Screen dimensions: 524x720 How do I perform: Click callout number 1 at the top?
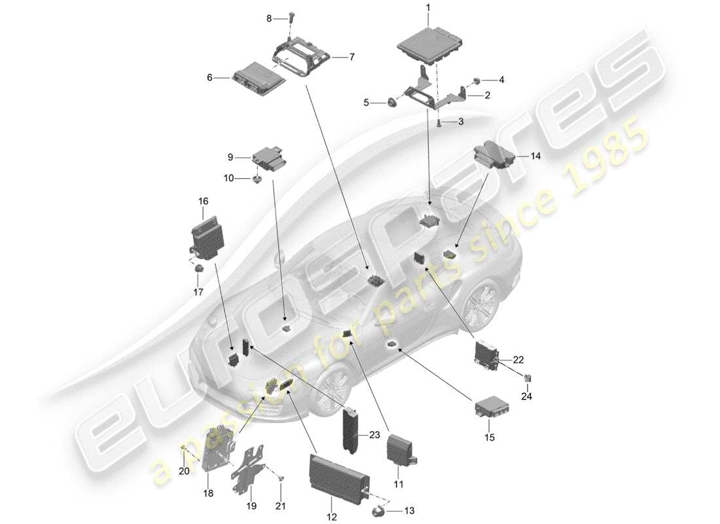[x=428, y=9]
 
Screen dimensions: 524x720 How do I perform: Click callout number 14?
[x=536, y=156]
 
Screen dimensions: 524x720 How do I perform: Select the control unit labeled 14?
[x=494, y=157]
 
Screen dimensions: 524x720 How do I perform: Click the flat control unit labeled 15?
[x=492, y=409]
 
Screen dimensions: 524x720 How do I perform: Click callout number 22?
[x=519, y=360]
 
